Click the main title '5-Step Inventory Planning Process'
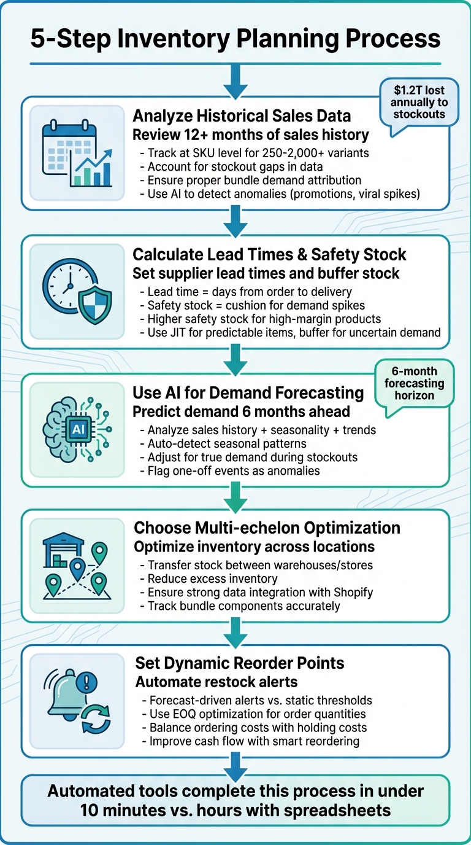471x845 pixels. [x=235, y=38]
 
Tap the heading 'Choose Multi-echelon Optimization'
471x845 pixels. [x=267, y=528]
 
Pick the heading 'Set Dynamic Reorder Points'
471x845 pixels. [x=239, y=663]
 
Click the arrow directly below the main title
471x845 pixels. [x=235, y=78]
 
